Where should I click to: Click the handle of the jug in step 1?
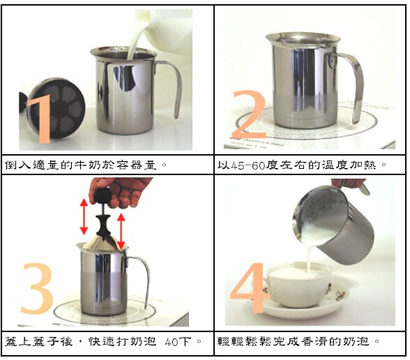173,84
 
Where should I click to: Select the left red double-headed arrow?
84,216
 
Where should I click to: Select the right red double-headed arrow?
121,232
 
